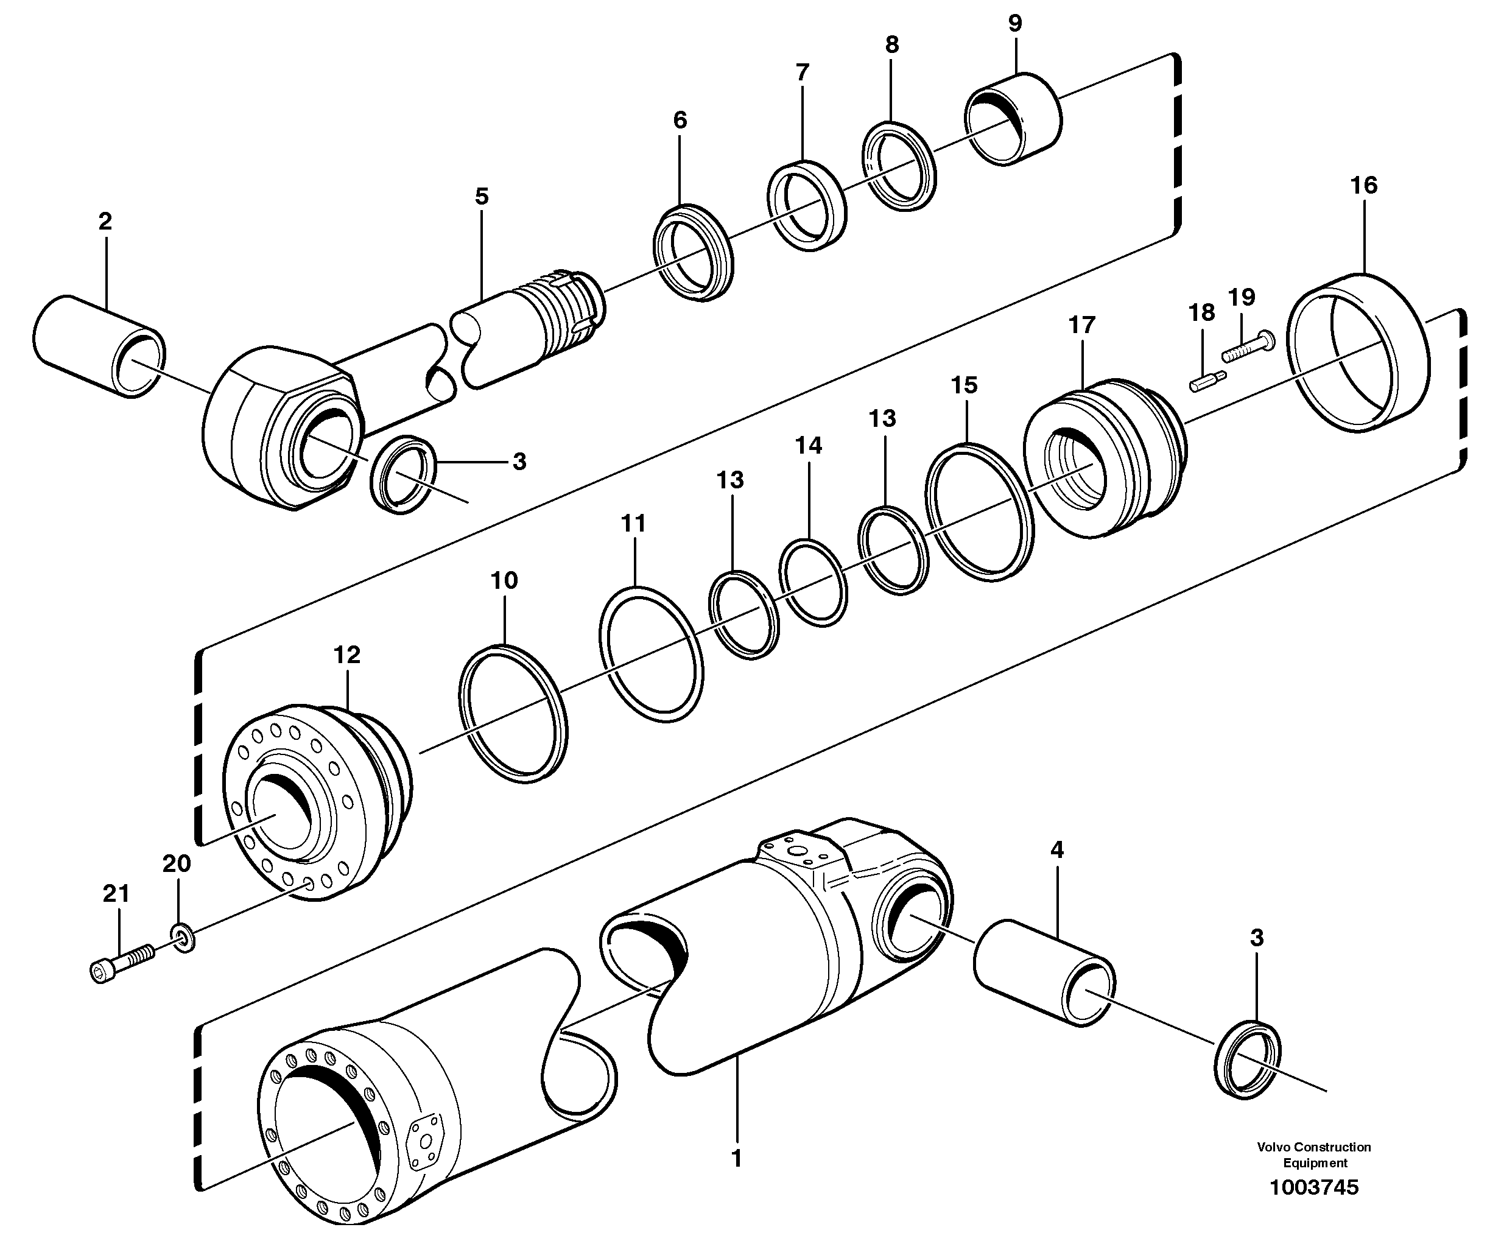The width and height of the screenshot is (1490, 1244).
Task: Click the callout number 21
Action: click(x=116, y=894)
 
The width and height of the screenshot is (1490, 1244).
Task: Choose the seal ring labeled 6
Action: click(x=693, y=252)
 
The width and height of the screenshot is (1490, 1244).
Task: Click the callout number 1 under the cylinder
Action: click(x=737, y=1158)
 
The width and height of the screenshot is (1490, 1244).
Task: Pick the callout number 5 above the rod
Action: click(x=482, y=197)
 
